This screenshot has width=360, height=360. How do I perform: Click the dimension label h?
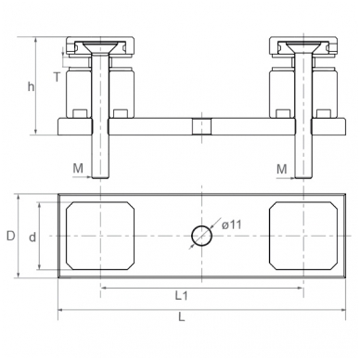click(31, 87)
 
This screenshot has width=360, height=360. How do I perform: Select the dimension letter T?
click(57, 77)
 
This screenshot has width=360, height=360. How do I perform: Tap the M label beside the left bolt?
click(78, 168)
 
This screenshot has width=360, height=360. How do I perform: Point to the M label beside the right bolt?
click(282, 169)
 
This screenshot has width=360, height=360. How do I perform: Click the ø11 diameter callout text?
click(231, 225)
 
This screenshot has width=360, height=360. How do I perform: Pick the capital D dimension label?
click(11, 236)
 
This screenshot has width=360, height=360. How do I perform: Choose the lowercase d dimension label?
click(32, 238)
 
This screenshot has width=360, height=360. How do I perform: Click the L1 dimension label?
click(182, 296)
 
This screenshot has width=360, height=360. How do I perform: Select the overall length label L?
click(182, 316)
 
